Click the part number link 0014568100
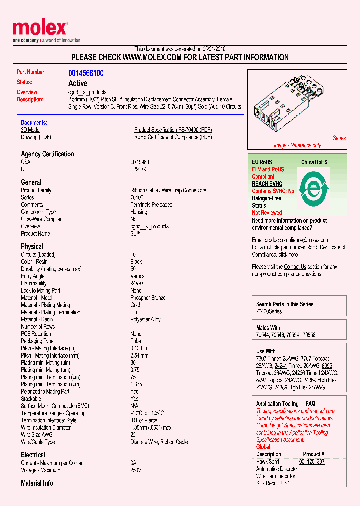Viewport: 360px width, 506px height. pyautogui.click(x=86, y=73)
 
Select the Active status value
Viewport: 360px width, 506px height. pyautogui.click(x=78, y=83)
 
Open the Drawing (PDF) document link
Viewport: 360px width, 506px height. pyautogui.click(x=36, y=137)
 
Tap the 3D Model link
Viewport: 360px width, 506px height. pyautogui.click(x=30, y=130)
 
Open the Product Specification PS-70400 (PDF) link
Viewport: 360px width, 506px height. pyautogui.click(x=173, y=130)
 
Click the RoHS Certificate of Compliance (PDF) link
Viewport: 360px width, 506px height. pyautogui.click(x=173, y=137)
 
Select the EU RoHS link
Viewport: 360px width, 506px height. pyautogui.click(x=262, y=162)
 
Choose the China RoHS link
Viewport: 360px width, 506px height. pyautogui.click(x=314, y=162)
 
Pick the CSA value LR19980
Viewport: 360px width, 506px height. pyautogui.click(x=139, y=162)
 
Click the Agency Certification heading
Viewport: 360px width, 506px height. pyautogui.click(x=47, y=154)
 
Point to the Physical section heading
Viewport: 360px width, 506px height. pyautogui.click(x=32, y=246)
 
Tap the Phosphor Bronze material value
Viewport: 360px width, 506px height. pyautogui.click(x=148, y=298)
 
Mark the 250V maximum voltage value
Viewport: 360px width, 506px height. pyautogui.click(x=136, y=470)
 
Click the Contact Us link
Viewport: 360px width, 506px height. pyautogui.click(x=295, y=267)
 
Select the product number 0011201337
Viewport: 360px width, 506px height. pyautogui.click(x=312, y=462)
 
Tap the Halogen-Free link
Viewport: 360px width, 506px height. pyautogui.click(x=266, y=198)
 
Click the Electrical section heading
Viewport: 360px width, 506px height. pyautogui.click(x=33, y=455)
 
